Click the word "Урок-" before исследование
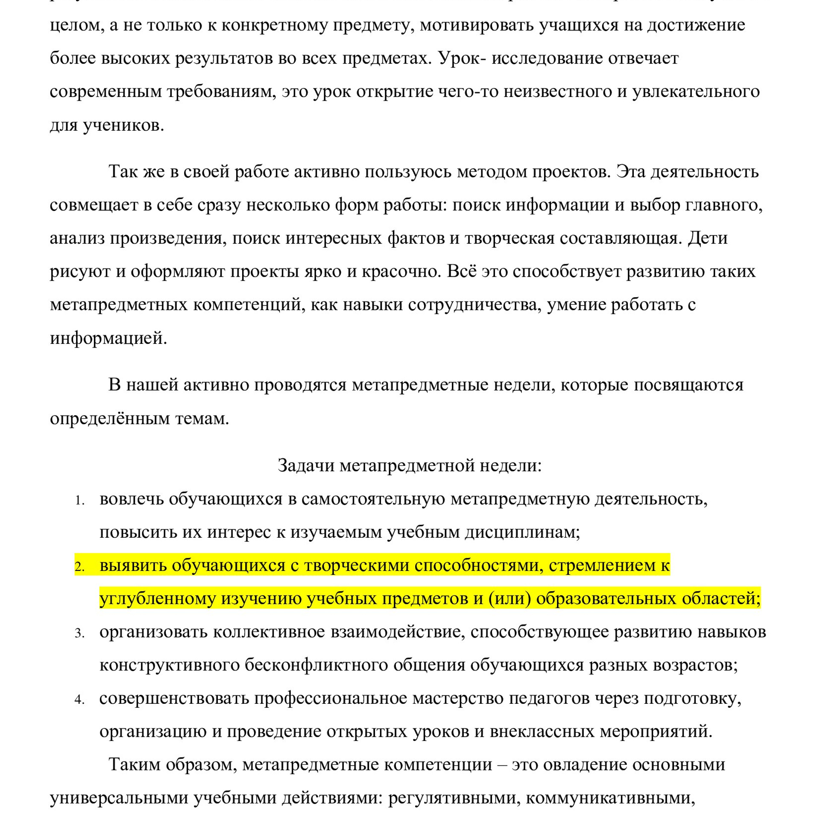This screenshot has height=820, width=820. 462,58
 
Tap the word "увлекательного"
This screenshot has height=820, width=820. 696,91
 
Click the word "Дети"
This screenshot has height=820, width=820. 707,238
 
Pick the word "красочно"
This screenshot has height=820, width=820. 400,271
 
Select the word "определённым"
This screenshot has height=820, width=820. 110,418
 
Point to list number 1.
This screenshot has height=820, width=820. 79,500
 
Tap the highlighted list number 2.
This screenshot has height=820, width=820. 79,567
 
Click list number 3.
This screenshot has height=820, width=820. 79,633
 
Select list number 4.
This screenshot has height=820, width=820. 79,700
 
